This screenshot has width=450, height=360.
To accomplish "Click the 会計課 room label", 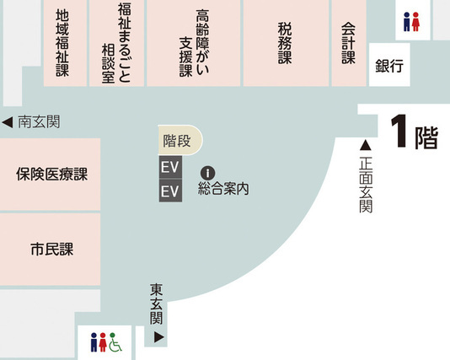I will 348,43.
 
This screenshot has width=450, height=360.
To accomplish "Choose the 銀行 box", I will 390,66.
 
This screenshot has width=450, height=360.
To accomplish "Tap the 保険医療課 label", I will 51,175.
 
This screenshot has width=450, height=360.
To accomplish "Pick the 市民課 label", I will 51,250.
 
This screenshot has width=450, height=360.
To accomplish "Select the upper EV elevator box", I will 170,167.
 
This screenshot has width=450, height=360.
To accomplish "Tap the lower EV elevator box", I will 170,191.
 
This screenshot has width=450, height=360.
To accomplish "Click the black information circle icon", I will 210,173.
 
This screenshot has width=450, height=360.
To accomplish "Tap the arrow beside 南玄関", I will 7,122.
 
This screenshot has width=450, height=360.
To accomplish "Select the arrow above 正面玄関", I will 366,145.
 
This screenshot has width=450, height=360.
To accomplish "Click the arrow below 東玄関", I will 158,337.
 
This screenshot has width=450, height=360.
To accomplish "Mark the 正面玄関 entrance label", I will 366,185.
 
